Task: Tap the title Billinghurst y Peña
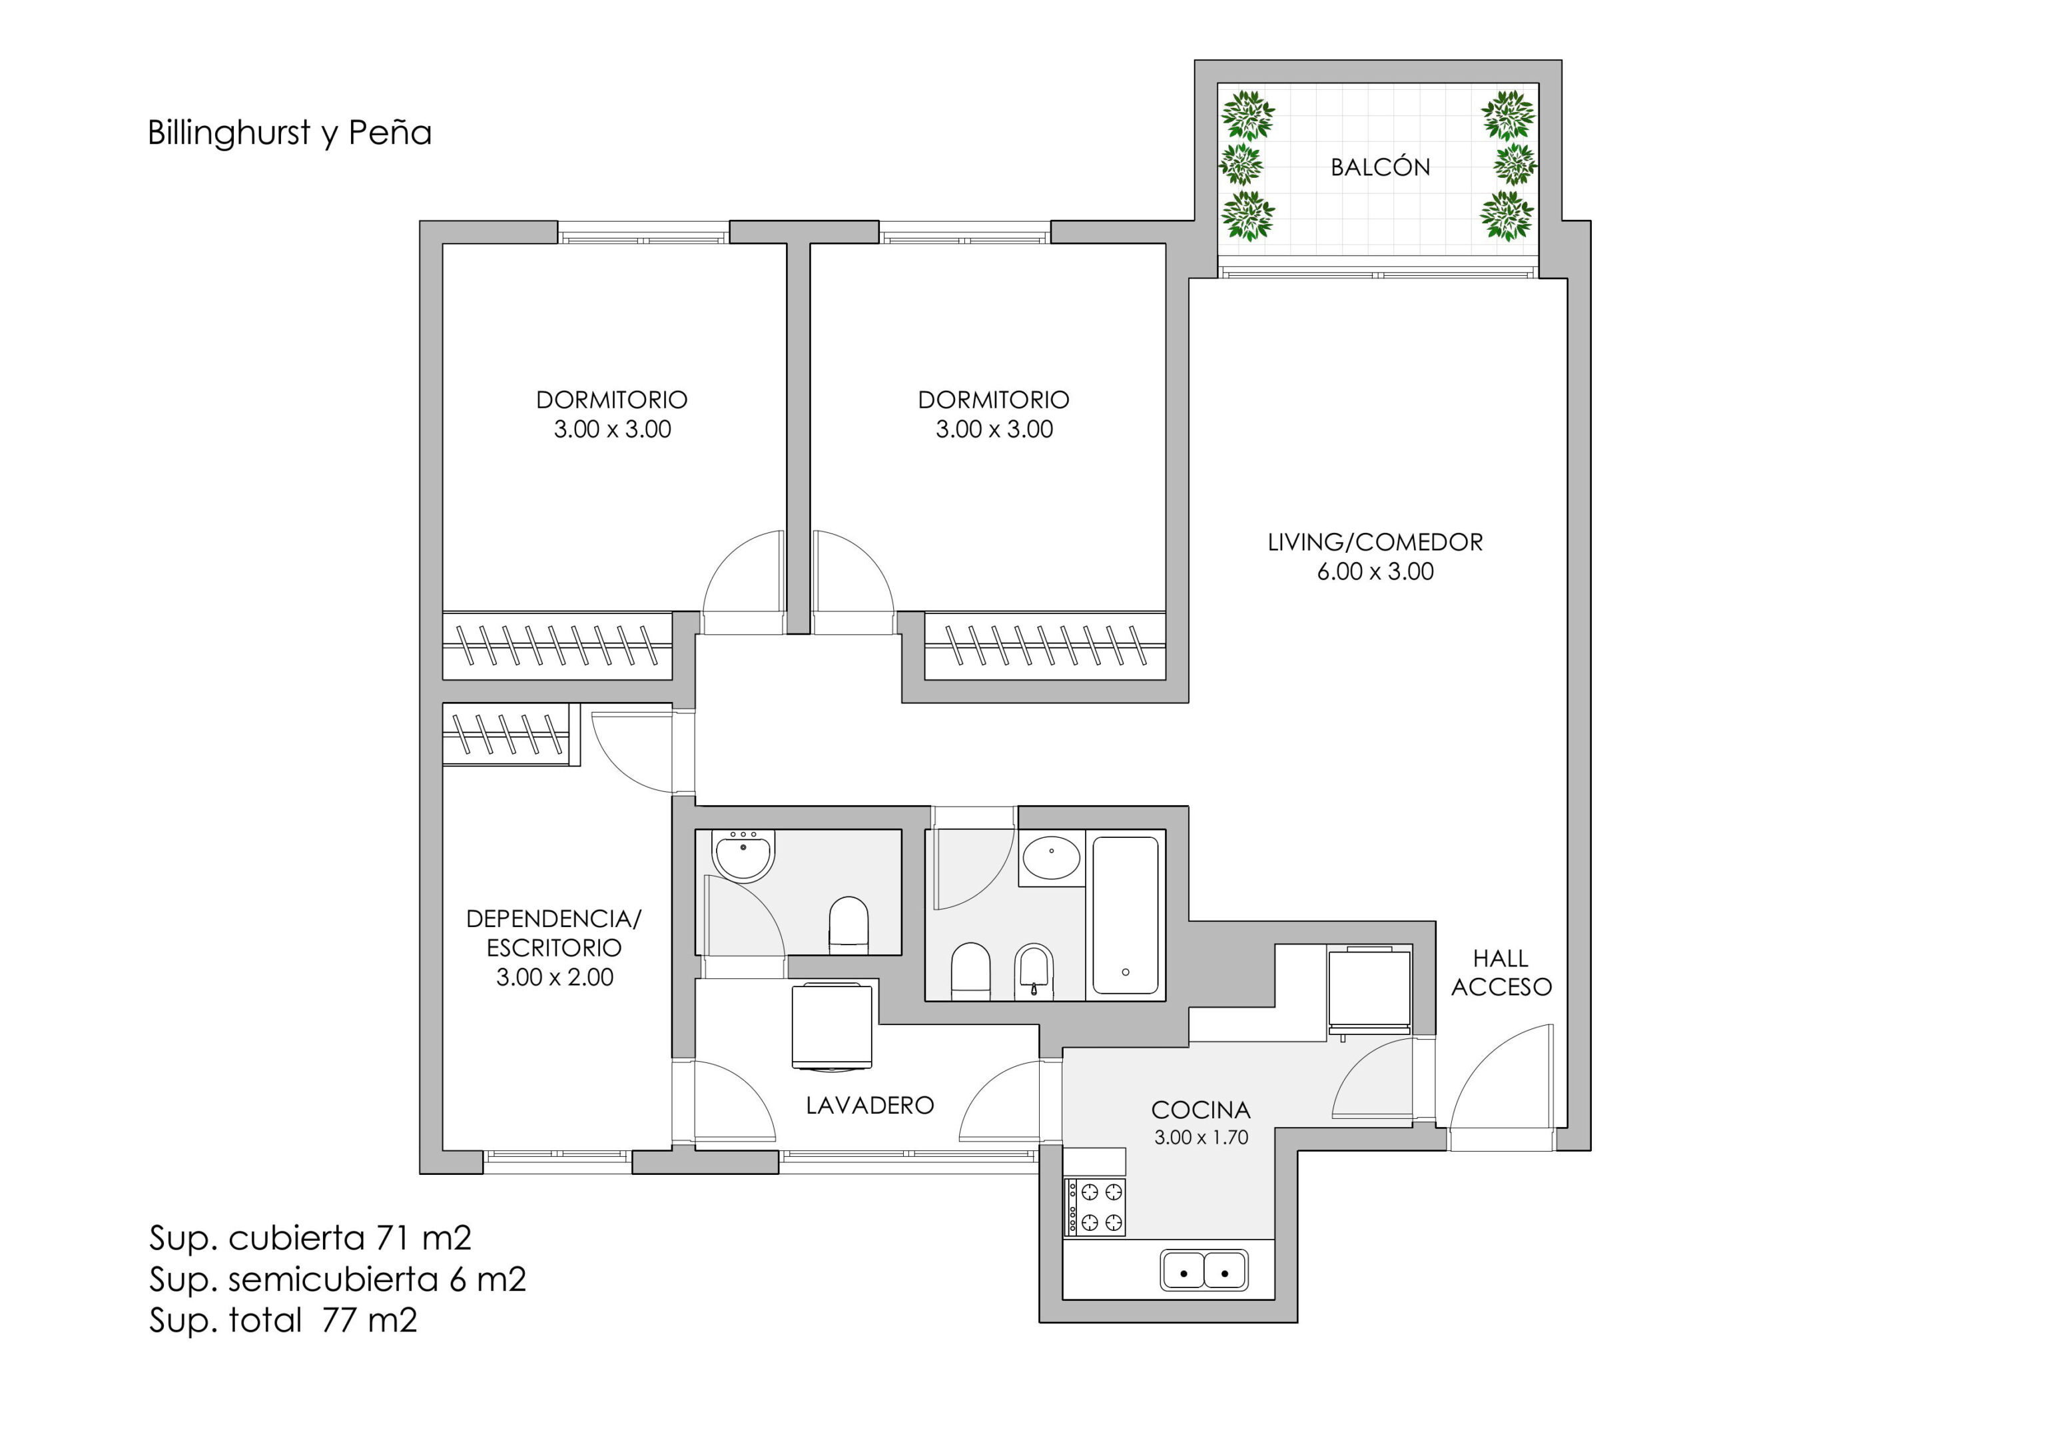pyautogui.click(x=290, y=133)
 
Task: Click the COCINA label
pyautogui.click(x=1200, y=1110)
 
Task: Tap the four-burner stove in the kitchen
pyautogui.click(x=1094, y=1208)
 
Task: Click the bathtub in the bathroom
pyautogui.click(x=1126, y=915)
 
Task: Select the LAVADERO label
pyautogui.click(x=870, y=1106)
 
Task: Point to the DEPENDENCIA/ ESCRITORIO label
pyautogui.click(x=553, y=933)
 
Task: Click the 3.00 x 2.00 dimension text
pyautogui.click(x=554, y=977)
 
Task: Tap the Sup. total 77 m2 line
pyautogui.click(x=283, y=1320)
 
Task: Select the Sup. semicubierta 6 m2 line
pyautogui.click(x=338, y=1279)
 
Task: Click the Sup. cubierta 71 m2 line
pyautogui.click(x=310, y=1238)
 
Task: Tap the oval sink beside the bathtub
pyautogui.click(x=1052, y=857)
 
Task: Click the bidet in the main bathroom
pyautogui.click(x=1034, y=971)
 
